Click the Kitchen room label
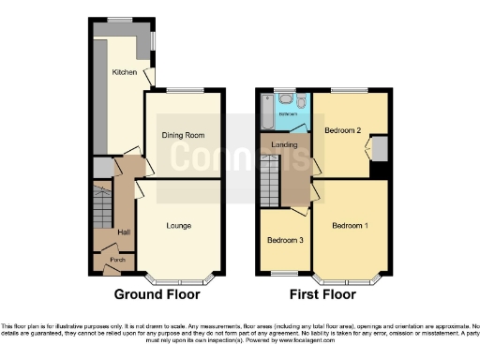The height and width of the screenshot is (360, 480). point(125,72)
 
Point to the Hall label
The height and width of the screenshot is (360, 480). point(123,232)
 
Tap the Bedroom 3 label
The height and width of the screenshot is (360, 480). point(285,240)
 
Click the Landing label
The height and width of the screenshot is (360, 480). point(285,144)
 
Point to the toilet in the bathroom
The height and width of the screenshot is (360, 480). point(304,100)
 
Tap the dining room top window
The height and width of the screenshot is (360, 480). point(183,91)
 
